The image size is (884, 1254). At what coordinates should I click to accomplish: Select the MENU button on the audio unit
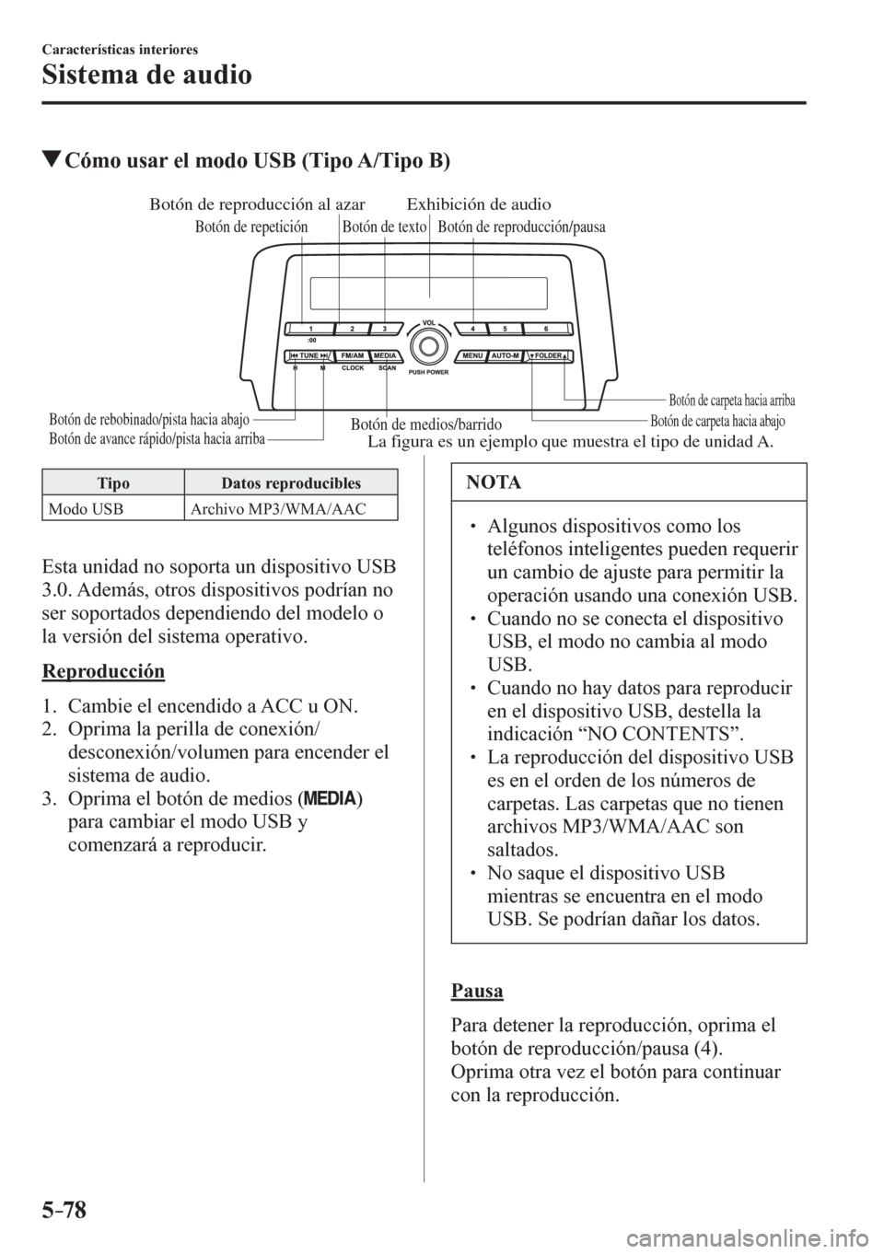click(473, 354)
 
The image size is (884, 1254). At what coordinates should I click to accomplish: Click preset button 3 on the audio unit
click(385, 328)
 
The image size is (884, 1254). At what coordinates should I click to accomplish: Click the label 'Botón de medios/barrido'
click(426, 424)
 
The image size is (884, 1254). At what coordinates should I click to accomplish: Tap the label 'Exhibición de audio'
click(479, 203)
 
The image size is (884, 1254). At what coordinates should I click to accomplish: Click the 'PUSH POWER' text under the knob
click(427, 373)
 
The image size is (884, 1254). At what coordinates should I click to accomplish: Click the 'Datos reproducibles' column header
click(291, 483)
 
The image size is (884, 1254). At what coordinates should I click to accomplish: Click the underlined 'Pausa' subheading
click(477, 991)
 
